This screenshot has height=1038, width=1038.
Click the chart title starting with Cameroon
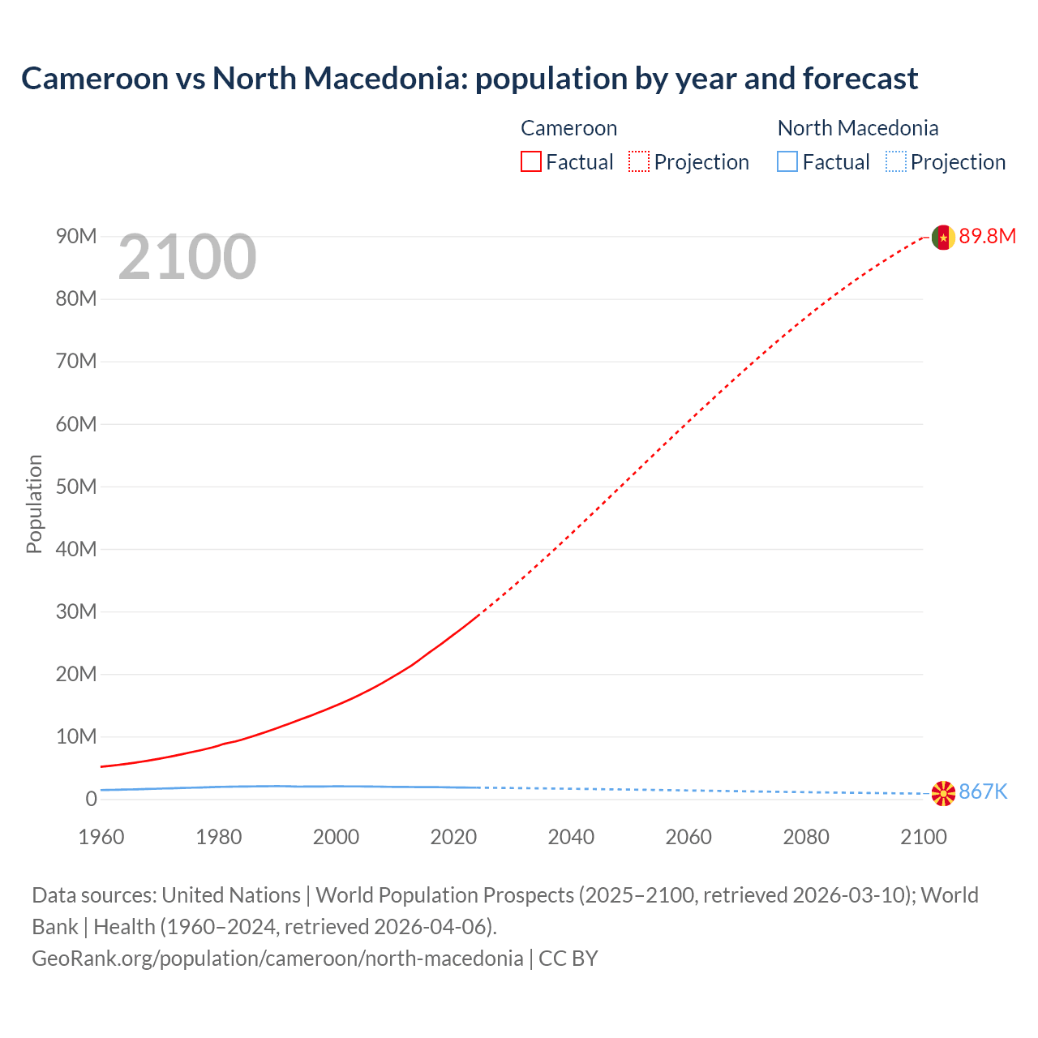click(470, 79)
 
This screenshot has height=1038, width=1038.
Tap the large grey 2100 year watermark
click(187, 257)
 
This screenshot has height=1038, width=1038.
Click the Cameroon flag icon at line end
click(943, 237)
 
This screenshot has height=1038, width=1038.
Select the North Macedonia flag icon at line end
click(943, 793)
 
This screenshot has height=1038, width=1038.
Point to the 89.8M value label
click(987, 236)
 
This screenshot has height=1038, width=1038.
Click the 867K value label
click(983, 792)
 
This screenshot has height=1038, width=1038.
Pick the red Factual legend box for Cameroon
click(530, 162)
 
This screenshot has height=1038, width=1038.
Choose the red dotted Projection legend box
click(639, 162)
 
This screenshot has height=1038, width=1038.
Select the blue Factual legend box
click(787, 162)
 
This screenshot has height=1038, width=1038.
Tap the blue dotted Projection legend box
click(895, 162)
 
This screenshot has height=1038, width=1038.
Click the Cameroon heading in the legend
click(568, 128)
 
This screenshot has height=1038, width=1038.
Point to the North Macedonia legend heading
click(857, 128)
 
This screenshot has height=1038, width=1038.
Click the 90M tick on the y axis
click(76, 236)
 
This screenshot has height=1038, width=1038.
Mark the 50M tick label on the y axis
click(76, 487)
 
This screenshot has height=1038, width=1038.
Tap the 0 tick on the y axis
click(91, 799)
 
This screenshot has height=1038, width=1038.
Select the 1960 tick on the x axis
click(101, 837)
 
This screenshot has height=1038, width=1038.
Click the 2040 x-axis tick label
click(571, 837)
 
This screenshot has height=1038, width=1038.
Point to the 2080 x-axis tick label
click(806, 837)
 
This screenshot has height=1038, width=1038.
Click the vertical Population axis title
click(34, 504)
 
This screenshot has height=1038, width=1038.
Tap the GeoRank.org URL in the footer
click(277, 959)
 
